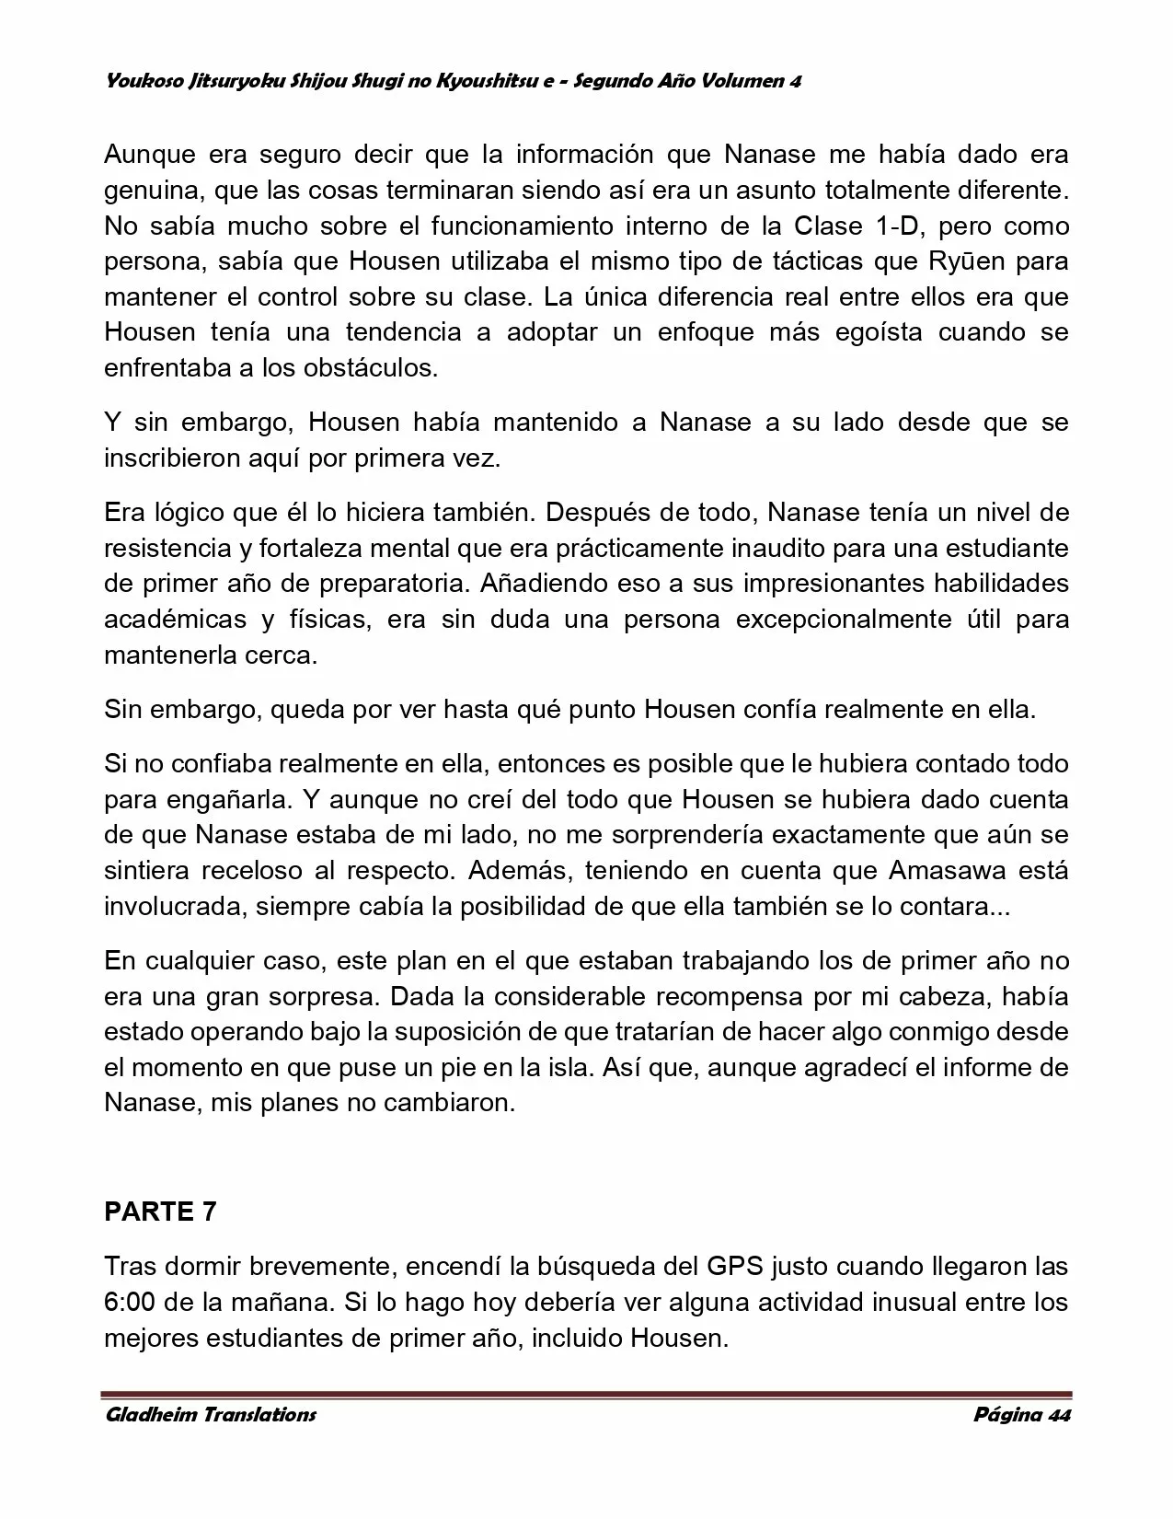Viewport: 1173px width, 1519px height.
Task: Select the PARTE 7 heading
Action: pos(160,1212)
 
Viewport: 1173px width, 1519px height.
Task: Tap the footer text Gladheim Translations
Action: pos(210,1415)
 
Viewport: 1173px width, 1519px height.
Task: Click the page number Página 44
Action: pos(1021,1415)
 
